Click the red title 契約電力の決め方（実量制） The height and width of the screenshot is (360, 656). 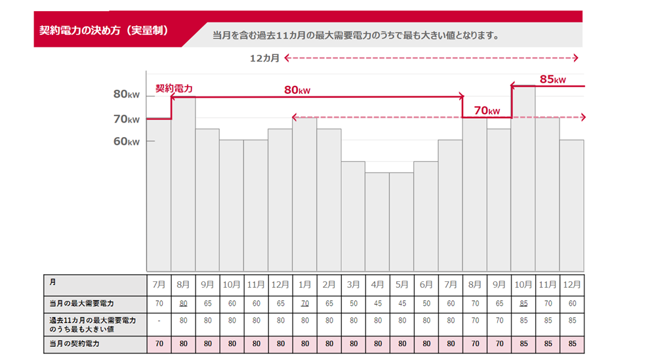tap(104, 31)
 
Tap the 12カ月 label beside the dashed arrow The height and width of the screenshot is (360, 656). tap(265, 58)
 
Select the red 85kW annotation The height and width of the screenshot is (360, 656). tap(552, 79)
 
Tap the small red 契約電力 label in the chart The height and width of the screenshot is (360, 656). tap(174, 88)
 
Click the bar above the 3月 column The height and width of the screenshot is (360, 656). tap(353, 216)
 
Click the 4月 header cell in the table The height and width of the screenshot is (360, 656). tap(377, 285)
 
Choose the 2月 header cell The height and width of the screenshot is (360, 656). tap(329, 285)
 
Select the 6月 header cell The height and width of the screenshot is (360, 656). tap(426, 285)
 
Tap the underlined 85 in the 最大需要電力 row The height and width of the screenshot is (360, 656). tap(523, 304)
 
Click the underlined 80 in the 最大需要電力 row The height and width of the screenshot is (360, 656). tap(183, 304)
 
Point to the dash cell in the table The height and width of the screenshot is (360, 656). tap(159, 322)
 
